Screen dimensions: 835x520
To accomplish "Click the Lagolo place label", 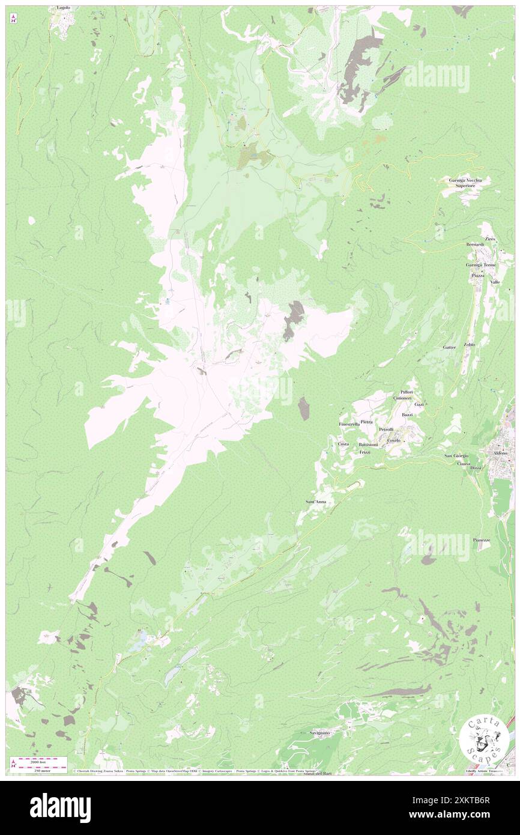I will [x=63, y=8].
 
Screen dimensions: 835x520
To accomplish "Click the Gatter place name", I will [x=449, y=348].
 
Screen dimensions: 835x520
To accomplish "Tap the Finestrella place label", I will [x=349, y=424].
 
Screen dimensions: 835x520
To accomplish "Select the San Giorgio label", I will [x=456, y=456].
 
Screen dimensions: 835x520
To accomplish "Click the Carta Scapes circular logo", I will [x=484, y=739].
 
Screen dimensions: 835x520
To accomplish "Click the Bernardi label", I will [x=474, y=244].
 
